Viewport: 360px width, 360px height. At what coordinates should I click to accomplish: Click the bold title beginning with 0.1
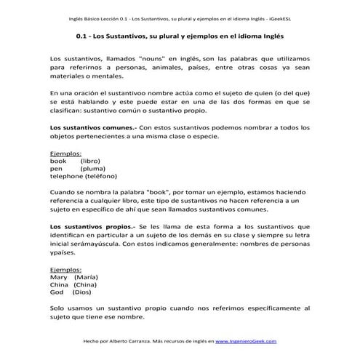pos(179,35)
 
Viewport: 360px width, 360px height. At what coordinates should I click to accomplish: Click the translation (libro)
pos(92,161)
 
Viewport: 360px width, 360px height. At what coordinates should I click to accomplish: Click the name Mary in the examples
pos(58,278)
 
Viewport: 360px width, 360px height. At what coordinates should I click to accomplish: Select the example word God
pos(57,294)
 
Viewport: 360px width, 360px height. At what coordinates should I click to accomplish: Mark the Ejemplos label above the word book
pos(65,153)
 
